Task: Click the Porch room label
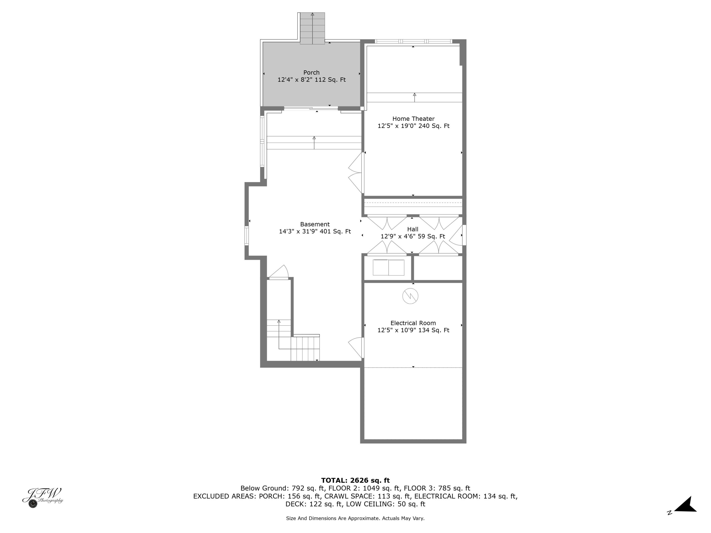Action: click(311, 73)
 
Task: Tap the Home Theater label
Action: click(413, 119)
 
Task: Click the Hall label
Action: click(412, 229)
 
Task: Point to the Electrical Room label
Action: click(413, 323)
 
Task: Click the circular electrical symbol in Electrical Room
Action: click(410, 296)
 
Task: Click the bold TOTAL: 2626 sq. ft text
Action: click(355, 481)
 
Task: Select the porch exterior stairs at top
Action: click(312, 28)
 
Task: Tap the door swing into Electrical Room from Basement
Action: click(356, 348)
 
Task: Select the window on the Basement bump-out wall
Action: click(246, 236)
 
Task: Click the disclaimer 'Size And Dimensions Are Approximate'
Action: click(355, 518)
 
